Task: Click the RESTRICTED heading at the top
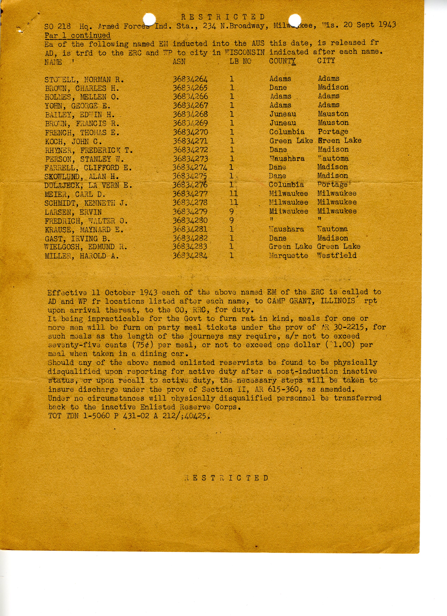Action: (223, 17)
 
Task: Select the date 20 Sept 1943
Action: (370, 25)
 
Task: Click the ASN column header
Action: (179, 62)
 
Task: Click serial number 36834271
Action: (190, 141)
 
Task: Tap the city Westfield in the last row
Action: (337, 255)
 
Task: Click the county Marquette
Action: (288, 256)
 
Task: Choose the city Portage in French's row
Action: (333, 132)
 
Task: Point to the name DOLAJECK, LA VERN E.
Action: (88, 186)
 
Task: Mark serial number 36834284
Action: (190, 256)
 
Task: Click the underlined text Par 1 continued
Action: (78, 35)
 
